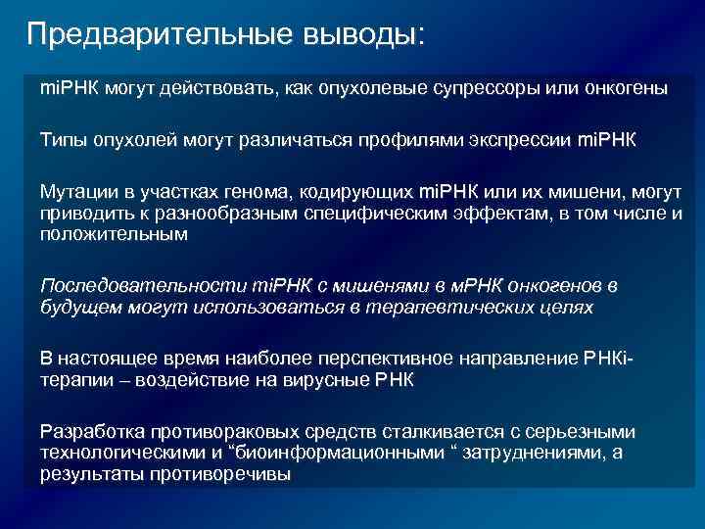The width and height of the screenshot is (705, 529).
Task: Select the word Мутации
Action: pyautogui.click(x=75, y=191)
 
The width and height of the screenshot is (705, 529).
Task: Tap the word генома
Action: pyautogui.click(x=240, y=191)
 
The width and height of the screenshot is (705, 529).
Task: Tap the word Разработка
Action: pyautogui.click(x=89, y=432)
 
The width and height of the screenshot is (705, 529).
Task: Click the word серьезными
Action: pyautogui.click(x=581, y=432)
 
